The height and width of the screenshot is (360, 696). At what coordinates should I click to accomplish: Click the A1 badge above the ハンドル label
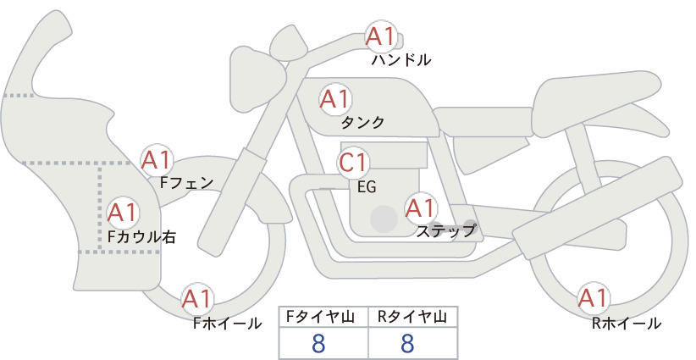[381, 36]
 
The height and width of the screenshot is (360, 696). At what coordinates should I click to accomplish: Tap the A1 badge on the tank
[335, 99]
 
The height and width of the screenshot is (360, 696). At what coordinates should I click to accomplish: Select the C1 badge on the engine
[353, 163]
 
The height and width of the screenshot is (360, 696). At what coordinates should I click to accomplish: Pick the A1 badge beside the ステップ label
[421, 208]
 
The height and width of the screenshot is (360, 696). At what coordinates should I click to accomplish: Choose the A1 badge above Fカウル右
[123, 213]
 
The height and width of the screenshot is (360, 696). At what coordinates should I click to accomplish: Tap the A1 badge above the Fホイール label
[197, 299]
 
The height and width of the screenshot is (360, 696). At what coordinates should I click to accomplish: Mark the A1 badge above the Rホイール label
[594, 298]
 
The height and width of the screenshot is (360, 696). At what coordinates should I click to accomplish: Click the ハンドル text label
[400, 60]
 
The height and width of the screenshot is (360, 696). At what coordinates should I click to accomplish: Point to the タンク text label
[362, 123]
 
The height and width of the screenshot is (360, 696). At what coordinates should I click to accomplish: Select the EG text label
[367, 187]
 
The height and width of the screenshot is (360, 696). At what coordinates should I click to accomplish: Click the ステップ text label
[446, 231]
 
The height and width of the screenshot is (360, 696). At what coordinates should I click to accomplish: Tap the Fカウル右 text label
[142, 236]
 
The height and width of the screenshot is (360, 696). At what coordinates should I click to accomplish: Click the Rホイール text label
[627, 324]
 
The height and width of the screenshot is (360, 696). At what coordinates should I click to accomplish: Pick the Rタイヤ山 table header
[412, 317]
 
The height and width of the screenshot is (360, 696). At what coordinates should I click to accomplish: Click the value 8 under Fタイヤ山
[318, 343]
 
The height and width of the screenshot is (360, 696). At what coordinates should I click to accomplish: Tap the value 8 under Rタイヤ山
[407, 343]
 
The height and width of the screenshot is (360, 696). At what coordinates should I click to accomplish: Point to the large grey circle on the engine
[384, 219]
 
